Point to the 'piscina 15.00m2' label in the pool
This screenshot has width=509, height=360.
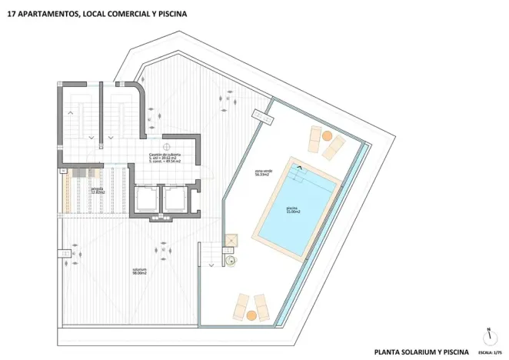click(x=293, y=210)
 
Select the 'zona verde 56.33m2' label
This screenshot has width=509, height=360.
click(x=264, y=172)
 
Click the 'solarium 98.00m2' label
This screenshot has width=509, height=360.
click(x=139, y=271)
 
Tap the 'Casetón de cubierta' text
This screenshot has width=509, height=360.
click(x=165, y=155)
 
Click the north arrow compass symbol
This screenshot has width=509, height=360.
click(x=487, y=336)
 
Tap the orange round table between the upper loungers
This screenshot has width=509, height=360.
click(x=326, y=136)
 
